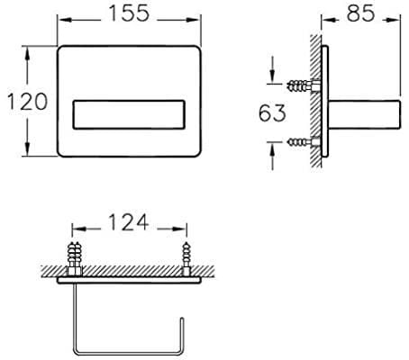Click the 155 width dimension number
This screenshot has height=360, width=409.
point(129,13)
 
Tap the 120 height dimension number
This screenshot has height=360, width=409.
point(27,102)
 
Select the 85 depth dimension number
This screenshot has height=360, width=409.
point(360,13)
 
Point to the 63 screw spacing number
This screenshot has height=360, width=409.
point(272,112)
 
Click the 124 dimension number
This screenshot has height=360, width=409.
point(129,222)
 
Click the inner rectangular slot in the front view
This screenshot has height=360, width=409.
point(129,114)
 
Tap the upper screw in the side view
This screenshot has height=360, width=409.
point(304,85)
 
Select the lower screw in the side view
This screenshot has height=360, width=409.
point(304,141)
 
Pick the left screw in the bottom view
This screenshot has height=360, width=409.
point(75,259)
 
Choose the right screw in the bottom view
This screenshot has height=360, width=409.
point(186,259)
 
